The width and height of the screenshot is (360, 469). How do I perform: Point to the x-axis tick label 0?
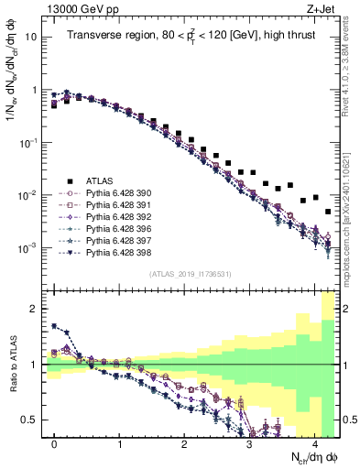tap(55, 444)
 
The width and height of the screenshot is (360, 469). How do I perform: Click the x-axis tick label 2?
tap(185, 444)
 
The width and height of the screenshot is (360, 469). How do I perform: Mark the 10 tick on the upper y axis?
tap(33, 38)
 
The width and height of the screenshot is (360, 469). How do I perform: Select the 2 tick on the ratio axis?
tap(35, 309)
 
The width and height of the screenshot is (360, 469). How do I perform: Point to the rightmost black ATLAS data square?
tap(328, 212)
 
